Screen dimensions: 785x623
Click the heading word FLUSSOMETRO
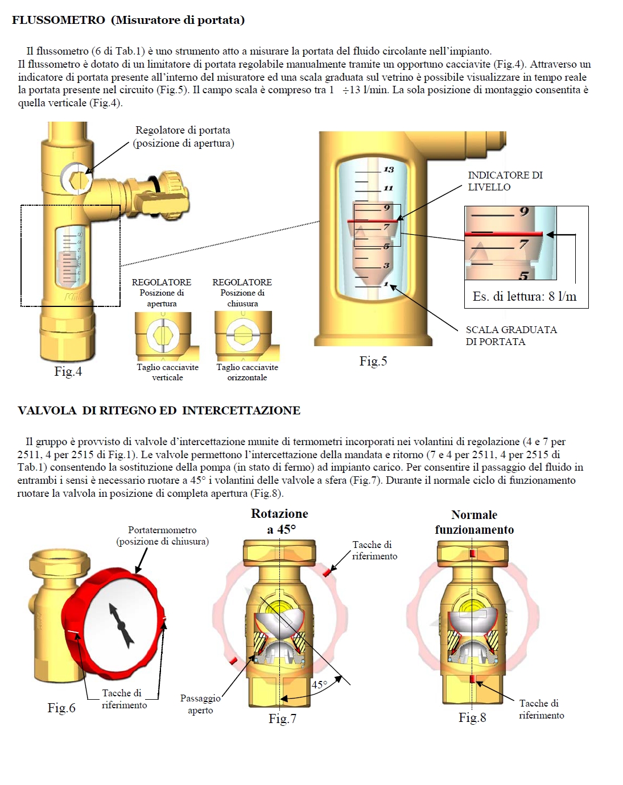tap(59, 20)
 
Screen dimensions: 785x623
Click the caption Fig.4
tap(68, 371)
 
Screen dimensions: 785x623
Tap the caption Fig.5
tap(373, 361)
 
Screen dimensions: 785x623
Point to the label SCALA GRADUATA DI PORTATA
tap(510, 335)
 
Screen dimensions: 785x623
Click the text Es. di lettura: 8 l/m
tap(524, 296)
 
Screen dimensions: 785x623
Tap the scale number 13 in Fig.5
tap(389, 169)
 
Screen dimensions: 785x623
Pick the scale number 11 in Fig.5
tap(388, 188)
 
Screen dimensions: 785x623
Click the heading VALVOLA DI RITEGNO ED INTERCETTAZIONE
tap(159, 410)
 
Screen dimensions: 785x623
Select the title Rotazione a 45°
tap(280, 521)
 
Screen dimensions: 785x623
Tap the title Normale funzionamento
tap(474, 522)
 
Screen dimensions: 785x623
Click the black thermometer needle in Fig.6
tap(121, 625)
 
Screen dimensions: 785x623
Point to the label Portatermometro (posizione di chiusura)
tap(162, 535)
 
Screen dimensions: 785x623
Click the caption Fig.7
tap(282, 718)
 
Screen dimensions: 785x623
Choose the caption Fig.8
tap(472, 717)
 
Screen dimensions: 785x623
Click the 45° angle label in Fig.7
tap(319, 685)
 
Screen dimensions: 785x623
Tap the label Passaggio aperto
tap(200, 704)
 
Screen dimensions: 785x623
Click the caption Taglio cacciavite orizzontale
tap(247, 372)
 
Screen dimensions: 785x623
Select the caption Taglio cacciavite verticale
tap(167, 372)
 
